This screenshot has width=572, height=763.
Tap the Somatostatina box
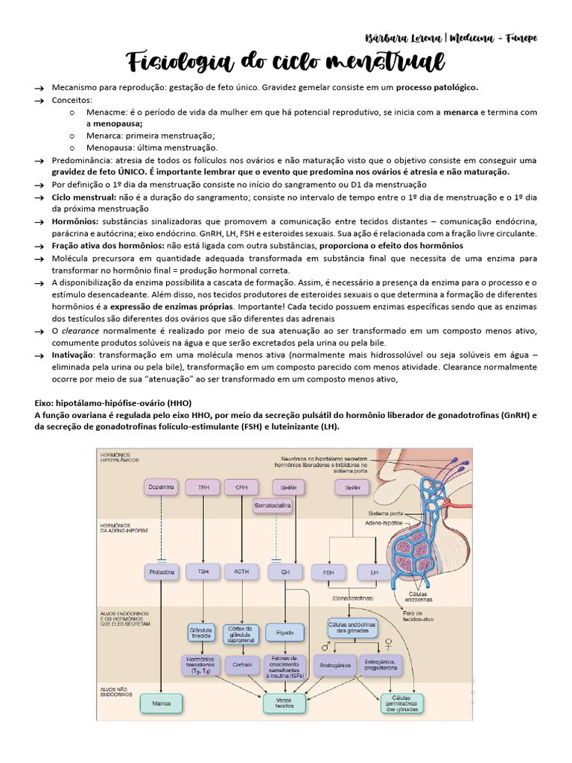(273, 506)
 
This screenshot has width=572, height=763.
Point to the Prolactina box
(162, 572)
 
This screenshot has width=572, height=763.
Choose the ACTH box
(241, 572)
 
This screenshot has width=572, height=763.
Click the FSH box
(328, 572)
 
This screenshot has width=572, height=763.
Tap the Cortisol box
(241, 663)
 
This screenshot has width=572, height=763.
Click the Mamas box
(162, 703)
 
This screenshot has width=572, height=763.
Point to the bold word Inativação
(73, 356)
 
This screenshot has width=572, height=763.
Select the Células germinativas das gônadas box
(401, 703)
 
